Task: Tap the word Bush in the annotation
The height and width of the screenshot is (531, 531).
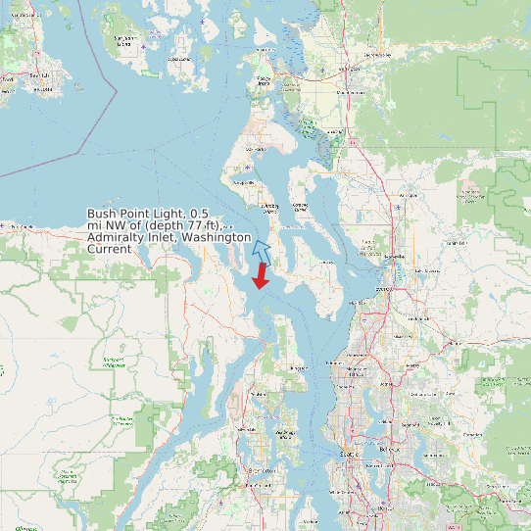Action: click(x=101, y=213)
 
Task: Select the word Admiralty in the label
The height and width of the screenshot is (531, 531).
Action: click(x=115, y=237)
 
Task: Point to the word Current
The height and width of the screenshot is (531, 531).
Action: click(x=109, y=250)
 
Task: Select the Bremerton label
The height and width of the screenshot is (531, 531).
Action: click(x=259, y=471)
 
